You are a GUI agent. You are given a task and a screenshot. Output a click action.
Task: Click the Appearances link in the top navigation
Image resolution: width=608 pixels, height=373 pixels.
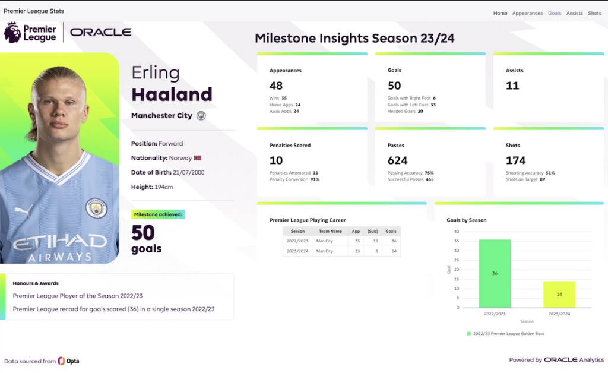[x=527, y=13]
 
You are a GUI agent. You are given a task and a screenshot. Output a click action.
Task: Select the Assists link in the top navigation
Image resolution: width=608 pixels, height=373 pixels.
[x=574, y=13]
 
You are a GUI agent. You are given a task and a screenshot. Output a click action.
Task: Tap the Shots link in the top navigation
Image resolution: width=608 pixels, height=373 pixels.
[x=594, y=13]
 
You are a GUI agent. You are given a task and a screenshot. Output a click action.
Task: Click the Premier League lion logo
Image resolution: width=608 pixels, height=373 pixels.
[x=12, y=32]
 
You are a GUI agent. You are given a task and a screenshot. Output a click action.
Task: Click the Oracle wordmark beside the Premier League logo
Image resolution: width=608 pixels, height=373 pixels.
[x=100, y=32]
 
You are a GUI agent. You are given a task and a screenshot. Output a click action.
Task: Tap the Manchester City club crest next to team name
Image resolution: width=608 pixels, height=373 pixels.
[x=201, y=116]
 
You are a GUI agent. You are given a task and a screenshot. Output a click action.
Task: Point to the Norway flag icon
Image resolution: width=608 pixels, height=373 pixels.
[x=198, y=158]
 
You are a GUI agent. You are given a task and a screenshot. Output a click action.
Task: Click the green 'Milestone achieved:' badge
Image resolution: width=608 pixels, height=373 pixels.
[x=159, y=214]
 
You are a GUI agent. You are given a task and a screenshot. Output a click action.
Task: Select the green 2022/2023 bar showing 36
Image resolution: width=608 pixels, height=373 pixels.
[x=495, y=273]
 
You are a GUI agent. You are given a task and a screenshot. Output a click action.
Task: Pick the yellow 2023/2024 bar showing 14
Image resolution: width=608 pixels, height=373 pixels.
[x=559, y=294]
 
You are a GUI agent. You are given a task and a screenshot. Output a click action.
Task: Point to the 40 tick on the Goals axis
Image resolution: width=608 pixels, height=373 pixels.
[x=456, y=232]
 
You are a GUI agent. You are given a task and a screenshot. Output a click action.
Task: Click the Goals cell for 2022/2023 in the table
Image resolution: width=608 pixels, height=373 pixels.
[x=391, y=241]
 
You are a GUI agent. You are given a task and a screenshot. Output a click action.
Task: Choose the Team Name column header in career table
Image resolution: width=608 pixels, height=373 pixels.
[x=330, y=232]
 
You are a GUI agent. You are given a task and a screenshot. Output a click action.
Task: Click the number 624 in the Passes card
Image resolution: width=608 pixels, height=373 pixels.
[x=397, y=160]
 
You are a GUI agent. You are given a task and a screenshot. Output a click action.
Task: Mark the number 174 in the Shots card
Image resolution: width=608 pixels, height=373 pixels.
[x=515, y=160]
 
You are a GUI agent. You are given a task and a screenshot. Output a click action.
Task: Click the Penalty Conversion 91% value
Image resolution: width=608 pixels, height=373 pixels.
[x=314, y=179]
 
